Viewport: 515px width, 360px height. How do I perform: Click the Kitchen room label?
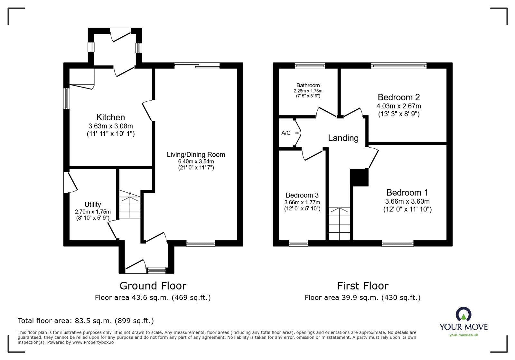click(111, 117)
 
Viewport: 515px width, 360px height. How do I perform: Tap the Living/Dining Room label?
click(196, 155)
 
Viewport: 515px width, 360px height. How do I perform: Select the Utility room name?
click(93, 205)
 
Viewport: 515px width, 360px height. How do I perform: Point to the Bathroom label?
click(308, 86)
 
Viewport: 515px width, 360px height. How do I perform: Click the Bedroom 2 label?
click(399, 97)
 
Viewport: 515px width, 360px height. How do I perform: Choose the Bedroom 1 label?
click(407, 192)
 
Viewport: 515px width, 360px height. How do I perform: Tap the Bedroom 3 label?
click(302, 195)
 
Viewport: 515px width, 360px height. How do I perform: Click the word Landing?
click(343, 138)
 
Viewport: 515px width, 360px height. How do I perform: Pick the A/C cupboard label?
click(286, 133)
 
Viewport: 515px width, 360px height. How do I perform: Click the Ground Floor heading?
click(153, 286)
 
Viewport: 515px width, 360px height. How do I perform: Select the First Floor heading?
click(363, 286)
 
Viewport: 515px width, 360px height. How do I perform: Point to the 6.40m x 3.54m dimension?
click(196, 162)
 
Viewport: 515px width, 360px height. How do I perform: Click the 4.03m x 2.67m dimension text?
click(399, 106)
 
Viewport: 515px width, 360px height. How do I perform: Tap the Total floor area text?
click(86, 320)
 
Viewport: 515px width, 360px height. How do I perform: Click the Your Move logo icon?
click(464, 314)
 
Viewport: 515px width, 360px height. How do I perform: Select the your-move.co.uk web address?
click(464, 335)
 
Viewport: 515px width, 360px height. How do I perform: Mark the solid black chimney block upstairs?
click(359, 177)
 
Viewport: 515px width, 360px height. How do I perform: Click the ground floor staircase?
click(130, 204)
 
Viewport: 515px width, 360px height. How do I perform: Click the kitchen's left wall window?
click(66, 98)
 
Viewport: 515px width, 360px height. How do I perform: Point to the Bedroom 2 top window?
click(399, 66)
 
